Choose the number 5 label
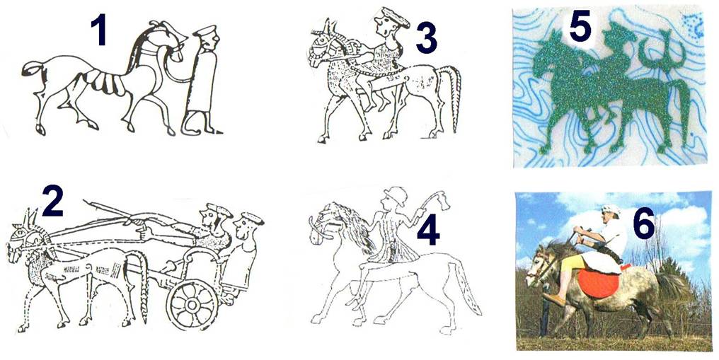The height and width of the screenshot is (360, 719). coord(580,25)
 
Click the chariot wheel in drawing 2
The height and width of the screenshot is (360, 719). coord(192,304)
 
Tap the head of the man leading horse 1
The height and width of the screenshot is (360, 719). coord(207,38)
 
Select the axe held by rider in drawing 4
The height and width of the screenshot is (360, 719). coord(438,199)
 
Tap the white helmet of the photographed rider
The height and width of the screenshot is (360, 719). coord(611,210)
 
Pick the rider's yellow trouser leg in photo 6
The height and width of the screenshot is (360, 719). coord(570,268)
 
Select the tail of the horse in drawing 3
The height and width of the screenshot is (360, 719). coord(452,98)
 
